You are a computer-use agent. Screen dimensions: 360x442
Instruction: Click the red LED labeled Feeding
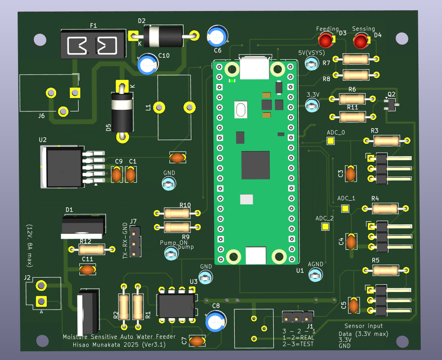tap(326, 41)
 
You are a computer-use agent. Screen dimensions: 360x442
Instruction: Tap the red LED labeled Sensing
tap(361, 41)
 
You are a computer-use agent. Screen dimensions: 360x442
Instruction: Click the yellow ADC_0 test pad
tap(330, 141)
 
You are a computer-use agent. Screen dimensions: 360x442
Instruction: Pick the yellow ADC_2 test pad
tap(326, 226)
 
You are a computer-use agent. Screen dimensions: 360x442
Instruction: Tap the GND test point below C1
tap(169, 185)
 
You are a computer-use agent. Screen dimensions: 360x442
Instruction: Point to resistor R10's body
tap(177, 213)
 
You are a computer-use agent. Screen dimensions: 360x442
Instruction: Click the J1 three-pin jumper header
tap(298, 317)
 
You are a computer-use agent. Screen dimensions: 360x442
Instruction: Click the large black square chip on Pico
tap(255, 165)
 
